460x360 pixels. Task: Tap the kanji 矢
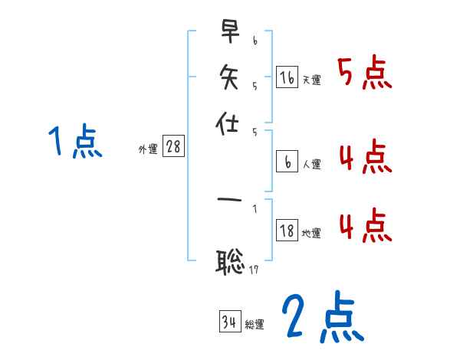pyautogui.click(x=229, y=77)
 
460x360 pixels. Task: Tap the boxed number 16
pyautogui.click(x=287, y=77)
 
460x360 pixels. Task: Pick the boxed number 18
pyautogui.click(x=287, y=231)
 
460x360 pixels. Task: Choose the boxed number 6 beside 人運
pyautogui.click(x=287, y=162)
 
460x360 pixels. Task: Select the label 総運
pyautogui.click(x=254, y=325)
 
